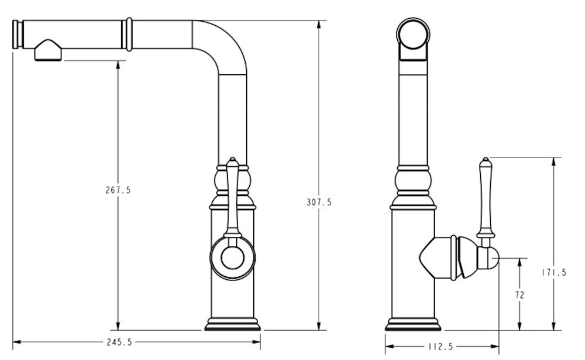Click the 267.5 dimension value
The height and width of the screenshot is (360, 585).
tap(118, 190)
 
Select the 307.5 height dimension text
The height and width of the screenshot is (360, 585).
tap(319, 202)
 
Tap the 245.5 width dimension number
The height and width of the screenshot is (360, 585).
tap(119, 342)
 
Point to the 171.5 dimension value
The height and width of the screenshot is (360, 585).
tap(554, 273)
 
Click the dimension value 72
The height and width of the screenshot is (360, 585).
tap(519, 295)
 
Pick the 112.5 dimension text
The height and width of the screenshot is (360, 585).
tap(441, 347)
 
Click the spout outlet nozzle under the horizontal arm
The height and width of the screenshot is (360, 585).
tap(48, 50)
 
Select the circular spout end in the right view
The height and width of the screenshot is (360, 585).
tap(413, 34)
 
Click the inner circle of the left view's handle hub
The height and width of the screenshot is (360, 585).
tap(232, 258)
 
